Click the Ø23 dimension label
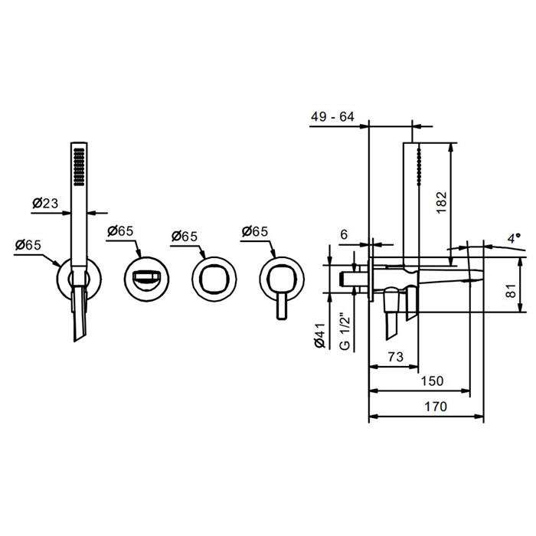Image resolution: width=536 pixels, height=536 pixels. coord(45,203)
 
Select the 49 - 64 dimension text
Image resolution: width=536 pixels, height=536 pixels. coord(332,117)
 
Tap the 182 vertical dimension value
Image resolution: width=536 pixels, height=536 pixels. coord(442,202)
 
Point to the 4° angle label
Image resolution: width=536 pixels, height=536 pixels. coord(514,238)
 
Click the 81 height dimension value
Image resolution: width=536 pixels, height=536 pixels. coord(511,290)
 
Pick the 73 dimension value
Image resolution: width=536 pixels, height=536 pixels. coord(396,357)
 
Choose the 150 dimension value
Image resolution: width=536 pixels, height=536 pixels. coord(432,381)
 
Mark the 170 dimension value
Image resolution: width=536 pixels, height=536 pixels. coord(436,407)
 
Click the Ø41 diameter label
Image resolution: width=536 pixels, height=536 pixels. coord(321,335)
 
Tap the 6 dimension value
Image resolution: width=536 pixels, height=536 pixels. coord(344,234)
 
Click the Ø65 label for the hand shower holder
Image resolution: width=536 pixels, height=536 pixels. coord(28,245)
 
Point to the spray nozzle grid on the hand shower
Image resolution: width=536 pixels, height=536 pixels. coord(79,167)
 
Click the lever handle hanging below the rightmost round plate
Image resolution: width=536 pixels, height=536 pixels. coord(282,306)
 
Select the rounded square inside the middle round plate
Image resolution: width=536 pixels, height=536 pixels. coord(214,279)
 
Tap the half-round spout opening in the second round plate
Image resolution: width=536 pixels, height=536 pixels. coord(146,276)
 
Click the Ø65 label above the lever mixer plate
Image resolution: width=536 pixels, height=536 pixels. coord(255,231)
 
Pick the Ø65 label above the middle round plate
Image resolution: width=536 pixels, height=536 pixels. coord(185,236)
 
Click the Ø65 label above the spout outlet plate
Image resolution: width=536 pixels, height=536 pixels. coord(120,231)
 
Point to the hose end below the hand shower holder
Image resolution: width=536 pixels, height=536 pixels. coord(79,313)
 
